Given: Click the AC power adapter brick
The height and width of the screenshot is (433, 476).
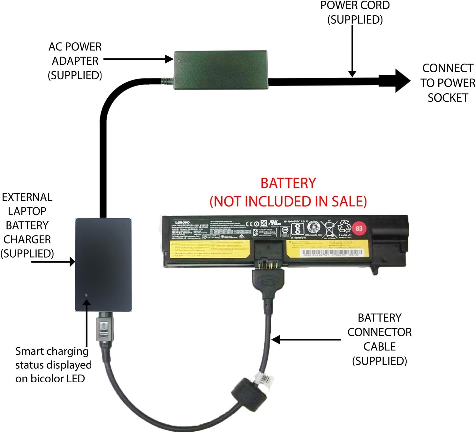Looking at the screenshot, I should pos(220,70).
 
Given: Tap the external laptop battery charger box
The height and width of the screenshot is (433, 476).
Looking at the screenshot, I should pos(103,265).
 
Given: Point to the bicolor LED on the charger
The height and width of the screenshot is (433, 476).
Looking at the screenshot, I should pos(86,296).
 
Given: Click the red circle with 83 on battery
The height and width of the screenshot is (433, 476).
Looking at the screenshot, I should pos(359,228).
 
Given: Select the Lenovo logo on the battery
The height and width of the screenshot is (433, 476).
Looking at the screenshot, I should pos(182,222).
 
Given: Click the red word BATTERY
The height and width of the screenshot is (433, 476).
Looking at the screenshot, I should pos(288,183).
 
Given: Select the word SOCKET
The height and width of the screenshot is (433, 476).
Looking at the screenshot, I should pos(448,98).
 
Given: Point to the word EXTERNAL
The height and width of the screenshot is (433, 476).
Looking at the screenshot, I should pos(27,197).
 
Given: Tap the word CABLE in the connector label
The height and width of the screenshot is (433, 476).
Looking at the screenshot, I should pos(379,346).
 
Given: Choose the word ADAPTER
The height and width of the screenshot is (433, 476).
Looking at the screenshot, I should pos(75,61).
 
